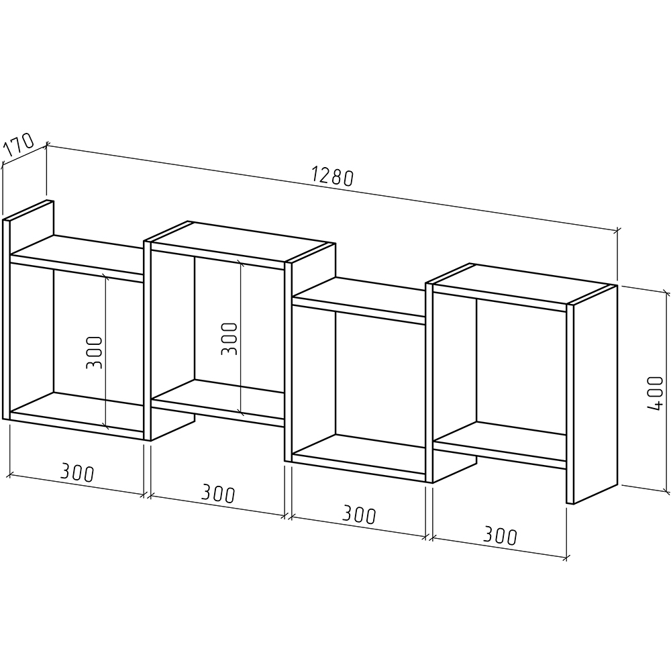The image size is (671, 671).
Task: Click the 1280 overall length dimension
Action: coord(333,176)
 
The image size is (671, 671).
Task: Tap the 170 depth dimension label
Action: coord(19,145)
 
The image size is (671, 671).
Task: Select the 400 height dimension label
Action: coord(654,393)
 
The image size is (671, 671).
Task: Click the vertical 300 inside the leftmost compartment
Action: coord(95,353)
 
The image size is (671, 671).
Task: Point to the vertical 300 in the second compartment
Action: coord(229,338)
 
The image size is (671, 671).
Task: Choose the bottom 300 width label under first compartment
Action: coord(77,472)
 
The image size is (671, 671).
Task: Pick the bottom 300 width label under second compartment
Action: coord(218,493)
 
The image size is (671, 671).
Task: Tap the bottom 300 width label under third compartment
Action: coord(359,515)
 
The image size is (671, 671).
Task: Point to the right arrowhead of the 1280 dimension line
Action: coord(617,231)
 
